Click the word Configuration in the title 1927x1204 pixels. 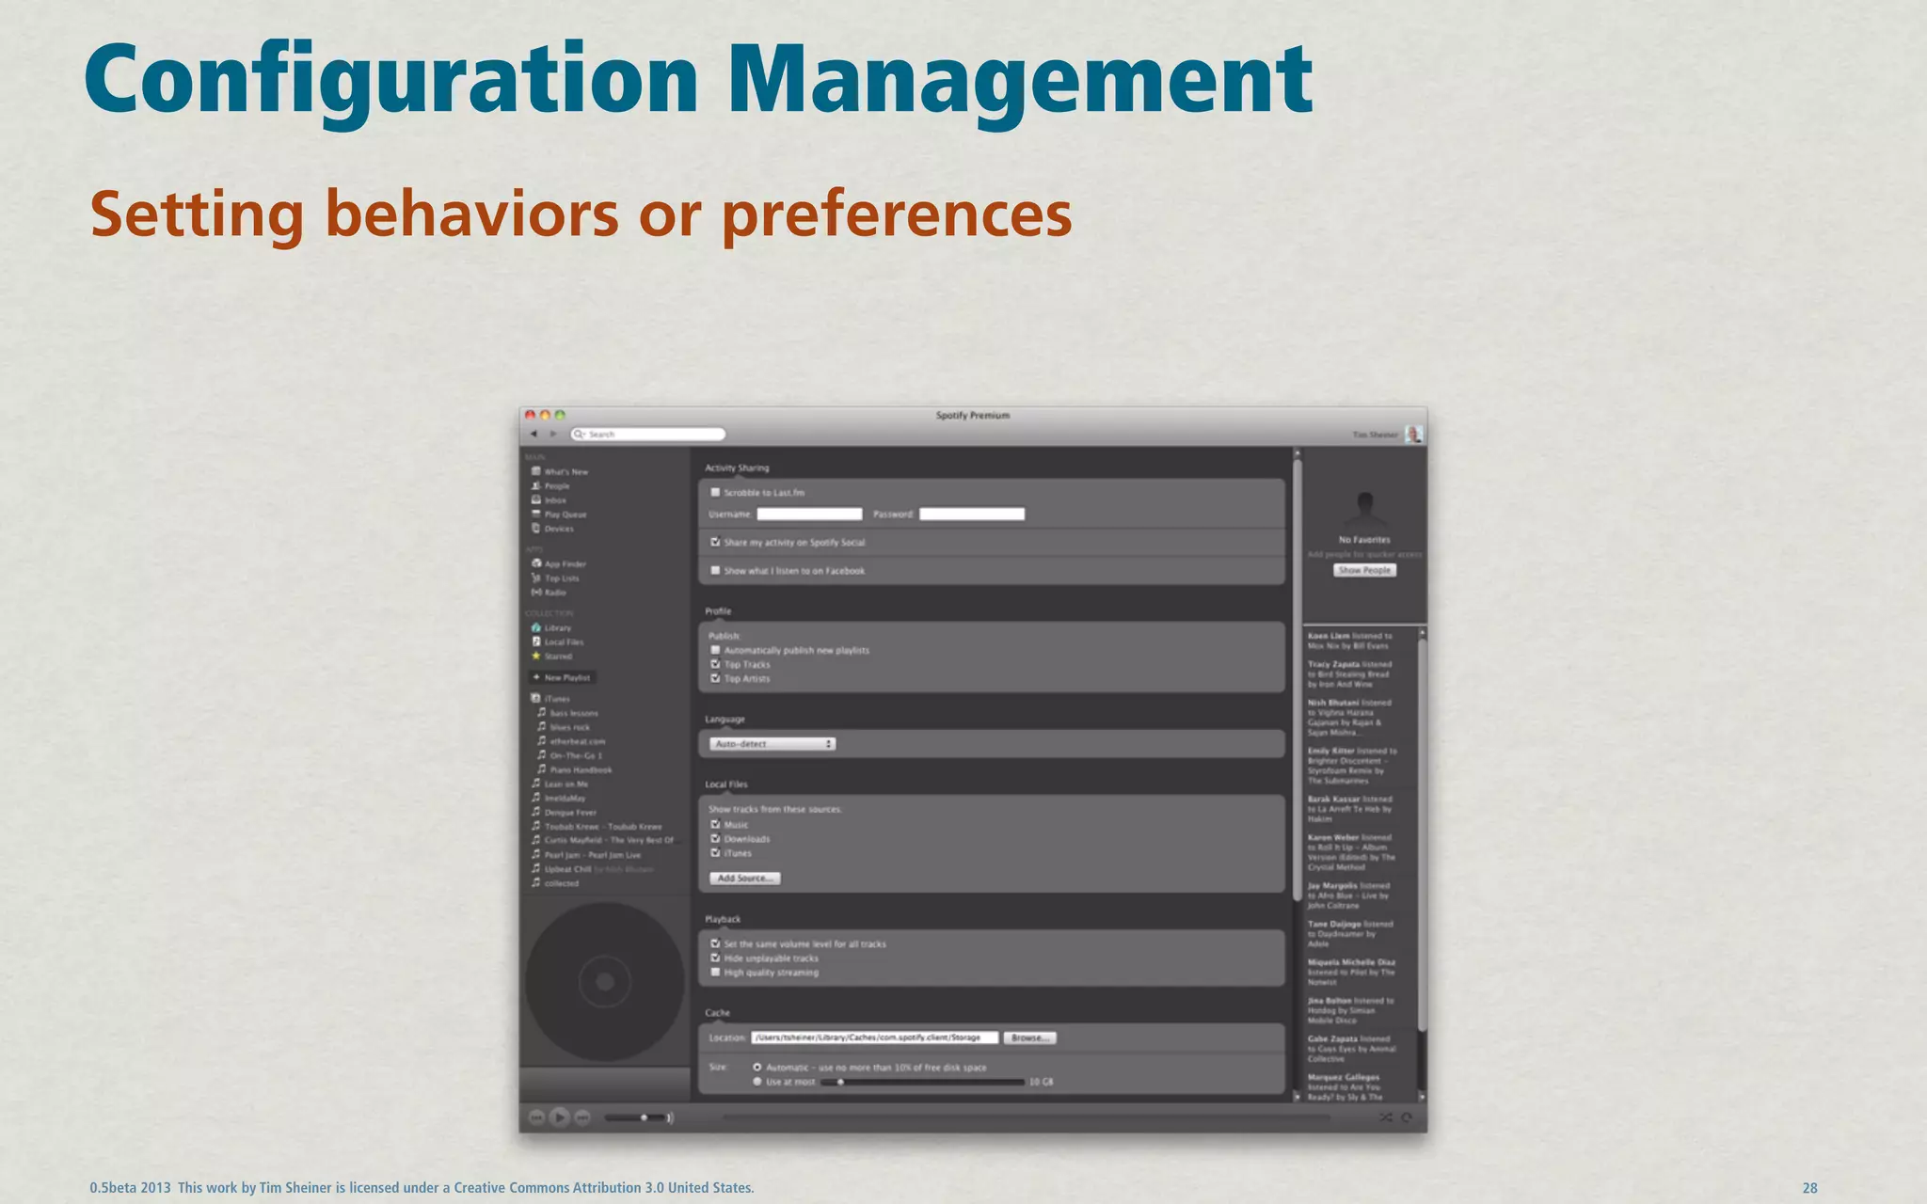[390, 80]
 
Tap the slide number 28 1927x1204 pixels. [1809, 1188]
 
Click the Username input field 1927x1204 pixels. [809, 515]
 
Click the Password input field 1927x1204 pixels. [971, 515]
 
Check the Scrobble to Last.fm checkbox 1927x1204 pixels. [715, 493]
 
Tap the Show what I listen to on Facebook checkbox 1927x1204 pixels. [715, 571]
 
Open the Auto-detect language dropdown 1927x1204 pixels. [772, 744]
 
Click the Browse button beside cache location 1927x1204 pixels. [1029, 1038]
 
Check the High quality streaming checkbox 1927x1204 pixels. [715, 973]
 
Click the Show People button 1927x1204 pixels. [1364, 570]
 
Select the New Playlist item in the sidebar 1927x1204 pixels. [563, 677]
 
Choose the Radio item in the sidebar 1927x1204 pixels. [555, 593]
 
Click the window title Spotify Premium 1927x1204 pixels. [972, 415]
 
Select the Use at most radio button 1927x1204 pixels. [757, 1082]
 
